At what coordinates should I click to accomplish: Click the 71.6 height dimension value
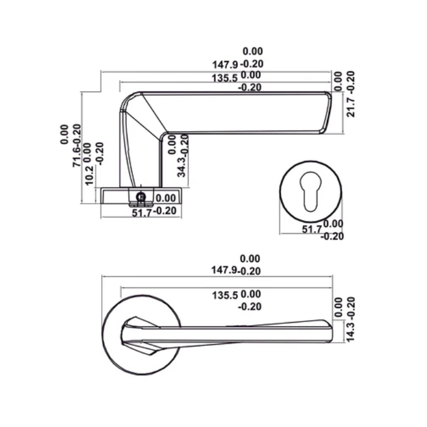click(x=77, y=157)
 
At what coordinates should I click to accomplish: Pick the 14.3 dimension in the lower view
click(x=351, y=330)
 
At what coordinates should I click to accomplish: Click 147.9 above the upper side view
click(x=224, y=64)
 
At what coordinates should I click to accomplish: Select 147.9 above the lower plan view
click(x=224, y=271)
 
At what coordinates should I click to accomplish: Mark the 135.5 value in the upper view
click(x=224, y=77)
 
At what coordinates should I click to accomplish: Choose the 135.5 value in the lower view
click(x=224, y=295)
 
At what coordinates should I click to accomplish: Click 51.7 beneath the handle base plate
click(x=141, y=212)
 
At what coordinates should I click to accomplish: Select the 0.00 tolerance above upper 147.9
click(x=252, y=52)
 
